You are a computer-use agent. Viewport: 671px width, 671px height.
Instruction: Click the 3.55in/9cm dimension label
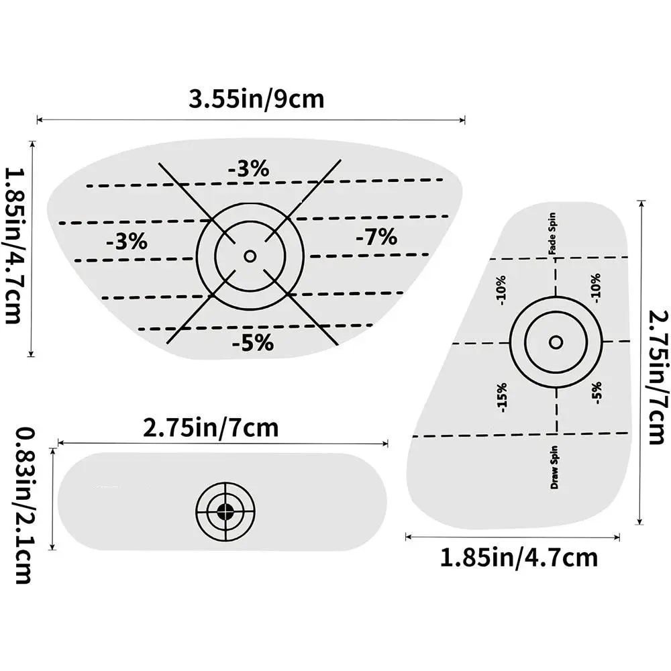click(256, 99)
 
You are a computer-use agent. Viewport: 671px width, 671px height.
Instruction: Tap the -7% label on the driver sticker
click(376, 236)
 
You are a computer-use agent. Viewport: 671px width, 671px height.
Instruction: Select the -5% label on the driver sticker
click(253, 342)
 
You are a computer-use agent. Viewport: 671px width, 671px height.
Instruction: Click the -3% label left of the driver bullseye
click(127, 242)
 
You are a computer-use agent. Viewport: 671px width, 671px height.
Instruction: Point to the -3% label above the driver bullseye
click(249, 168)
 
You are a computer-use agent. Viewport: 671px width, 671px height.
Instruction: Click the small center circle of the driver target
click(250, 256)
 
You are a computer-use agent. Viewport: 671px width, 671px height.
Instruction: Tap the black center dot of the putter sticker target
click(225, 511)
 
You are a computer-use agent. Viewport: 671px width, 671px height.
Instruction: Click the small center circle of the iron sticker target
click(556, 342)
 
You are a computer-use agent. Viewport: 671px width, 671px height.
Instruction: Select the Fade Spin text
click(552, 234)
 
